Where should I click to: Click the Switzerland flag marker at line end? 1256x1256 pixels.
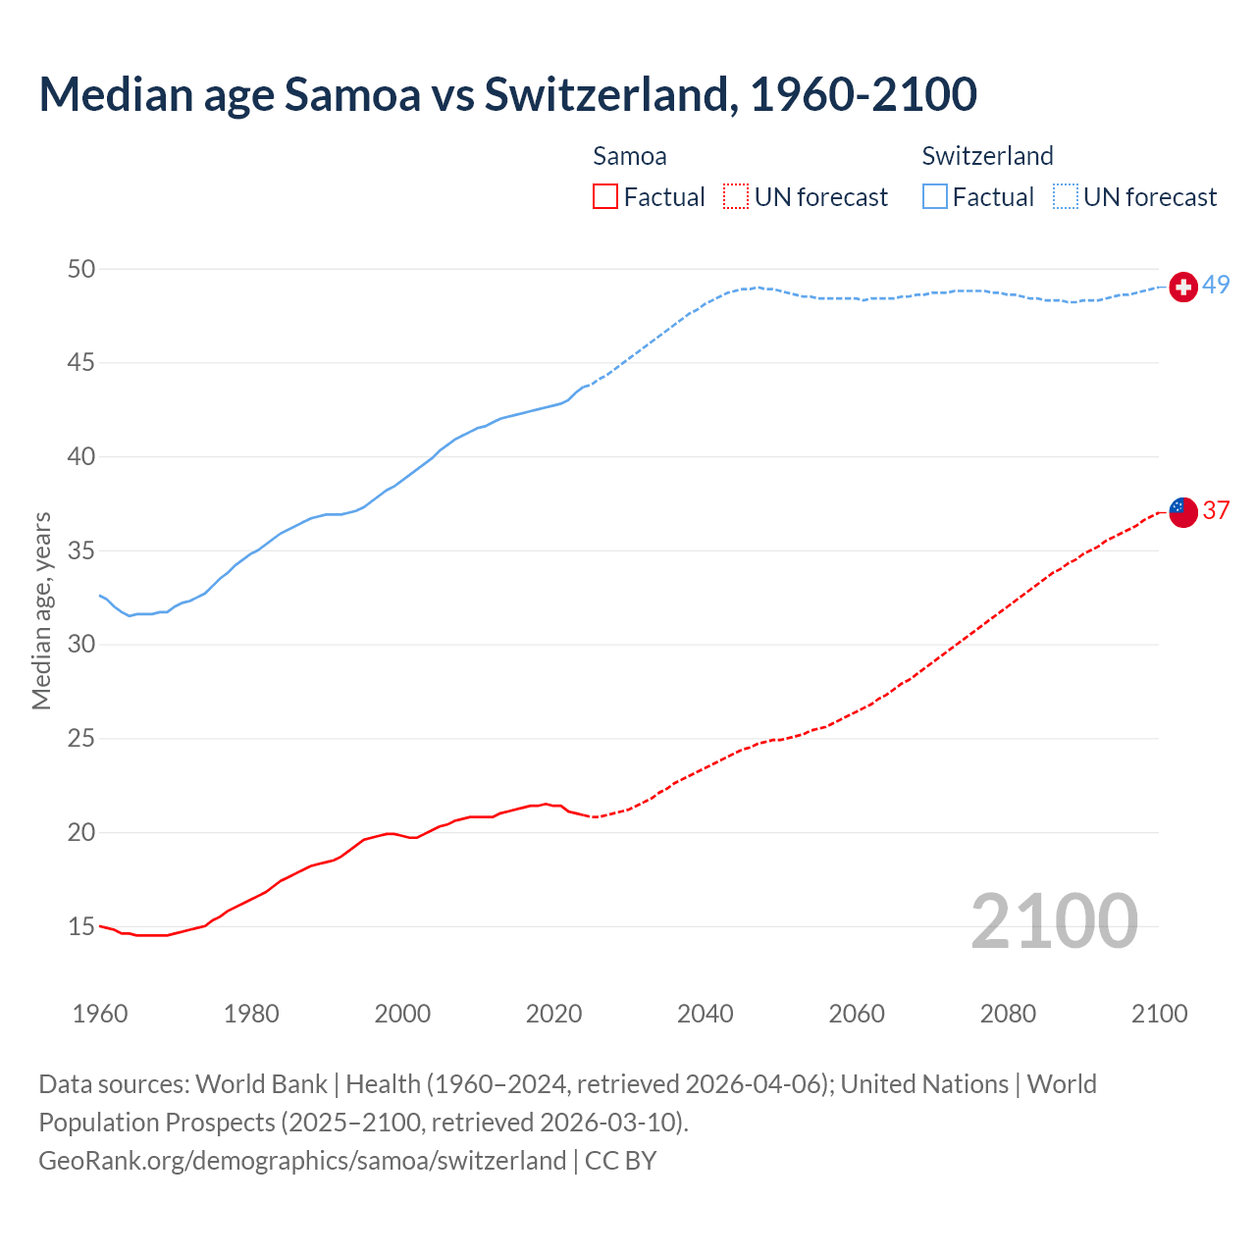point(1183,287)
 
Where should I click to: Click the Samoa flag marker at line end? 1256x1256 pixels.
point(1183,512)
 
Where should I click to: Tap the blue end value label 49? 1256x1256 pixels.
point(1216,285)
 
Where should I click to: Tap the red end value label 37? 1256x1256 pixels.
point(1216,510)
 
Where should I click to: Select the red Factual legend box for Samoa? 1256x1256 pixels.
point(605,197)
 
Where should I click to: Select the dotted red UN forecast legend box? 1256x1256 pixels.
point(736,197)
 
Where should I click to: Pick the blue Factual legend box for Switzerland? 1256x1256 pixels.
point(934,197)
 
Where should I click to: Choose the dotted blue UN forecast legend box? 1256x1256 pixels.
point(1065,197)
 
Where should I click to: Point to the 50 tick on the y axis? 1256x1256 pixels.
point(81,269)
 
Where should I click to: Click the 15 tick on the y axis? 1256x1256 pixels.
point(81,926)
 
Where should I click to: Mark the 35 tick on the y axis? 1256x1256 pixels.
point(81,550)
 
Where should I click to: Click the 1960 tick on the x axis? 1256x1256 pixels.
point(100,1014)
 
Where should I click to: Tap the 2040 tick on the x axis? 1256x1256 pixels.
point(706,1014)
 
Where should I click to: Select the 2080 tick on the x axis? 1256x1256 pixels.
point(1008,1014)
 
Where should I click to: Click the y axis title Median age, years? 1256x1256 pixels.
point(41,610)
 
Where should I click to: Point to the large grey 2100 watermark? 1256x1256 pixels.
point(1054,921)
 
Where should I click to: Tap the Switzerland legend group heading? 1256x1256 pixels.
point(987,156)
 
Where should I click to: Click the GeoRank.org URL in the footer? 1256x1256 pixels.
point(302,1160)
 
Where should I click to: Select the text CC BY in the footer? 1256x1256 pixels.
point(620,1160)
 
